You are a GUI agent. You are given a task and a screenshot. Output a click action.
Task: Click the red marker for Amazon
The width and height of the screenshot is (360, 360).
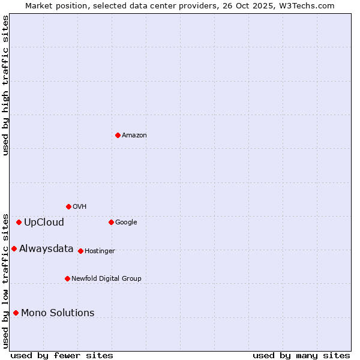pyautogui.click(x=118, y=135)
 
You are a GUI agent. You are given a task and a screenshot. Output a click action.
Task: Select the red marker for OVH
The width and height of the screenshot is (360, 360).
pyautogui.click(x=68, y=206)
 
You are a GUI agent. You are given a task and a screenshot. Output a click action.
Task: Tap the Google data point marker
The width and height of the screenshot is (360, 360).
pyautogui.click(x=111, y=222)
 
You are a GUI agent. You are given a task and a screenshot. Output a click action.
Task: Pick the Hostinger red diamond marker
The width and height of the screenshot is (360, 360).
pyautogui.click(x=80, y=251)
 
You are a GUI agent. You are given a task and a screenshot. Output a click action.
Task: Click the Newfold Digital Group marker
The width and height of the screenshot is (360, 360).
pyautogui.click(x=67, y=278)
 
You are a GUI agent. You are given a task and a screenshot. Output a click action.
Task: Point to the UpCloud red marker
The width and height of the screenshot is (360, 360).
pyautogui.click(x=19, y=222)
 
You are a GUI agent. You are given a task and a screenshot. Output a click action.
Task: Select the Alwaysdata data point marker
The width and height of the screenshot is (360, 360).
pyautogui.click(x=14, y=248)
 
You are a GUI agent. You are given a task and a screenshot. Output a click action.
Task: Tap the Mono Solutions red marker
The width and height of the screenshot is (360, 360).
pyautogui.click(x=16, y=313)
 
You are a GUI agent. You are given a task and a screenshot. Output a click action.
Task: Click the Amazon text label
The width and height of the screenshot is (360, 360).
pyautogui.click(x=134, y=136)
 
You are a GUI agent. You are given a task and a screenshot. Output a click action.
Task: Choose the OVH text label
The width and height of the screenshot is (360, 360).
pyautogui.click(x=80, y=207)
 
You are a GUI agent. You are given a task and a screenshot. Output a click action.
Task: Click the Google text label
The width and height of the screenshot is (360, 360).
pyautogui.click(x=126, y=223)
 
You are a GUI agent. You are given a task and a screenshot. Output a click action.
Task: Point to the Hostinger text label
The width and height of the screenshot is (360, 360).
pyautogui.click(x=100, y=251)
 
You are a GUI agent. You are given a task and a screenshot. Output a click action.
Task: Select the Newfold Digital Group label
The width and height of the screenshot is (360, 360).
pyautogui.click(x=106, y=279)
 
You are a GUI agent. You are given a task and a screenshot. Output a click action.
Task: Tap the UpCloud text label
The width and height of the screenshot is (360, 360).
pyautogui.click(x=44, y=223)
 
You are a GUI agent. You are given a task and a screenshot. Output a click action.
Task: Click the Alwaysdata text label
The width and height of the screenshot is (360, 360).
pyautogui.click(x=46, y=249)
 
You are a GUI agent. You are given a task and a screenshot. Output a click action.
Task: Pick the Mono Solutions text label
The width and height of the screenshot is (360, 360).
pyautogui.click(x=58, y=313)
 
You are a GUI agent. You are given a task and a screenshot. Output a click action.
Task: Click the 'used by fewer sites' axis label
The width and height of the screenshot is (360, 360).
pyautogui.click(x=62, y=355)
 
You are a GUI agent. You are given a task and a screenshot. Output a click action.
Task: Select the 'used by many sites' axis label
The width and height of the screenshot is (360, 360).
pyautogui.click(x=301, y=355)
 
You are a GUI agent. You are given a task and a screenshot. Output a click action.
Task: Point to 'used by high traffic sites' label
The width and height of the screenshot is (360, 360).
pyautogui.click(x=6, y=85)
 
